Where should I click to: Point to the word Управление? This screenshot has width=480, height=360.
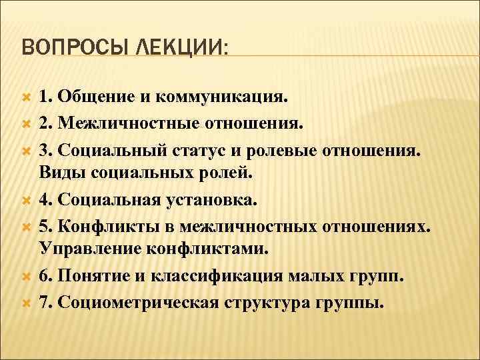coord(104,248)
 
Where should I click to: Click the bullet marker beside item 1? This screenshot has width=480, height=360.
coord(26,97)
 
